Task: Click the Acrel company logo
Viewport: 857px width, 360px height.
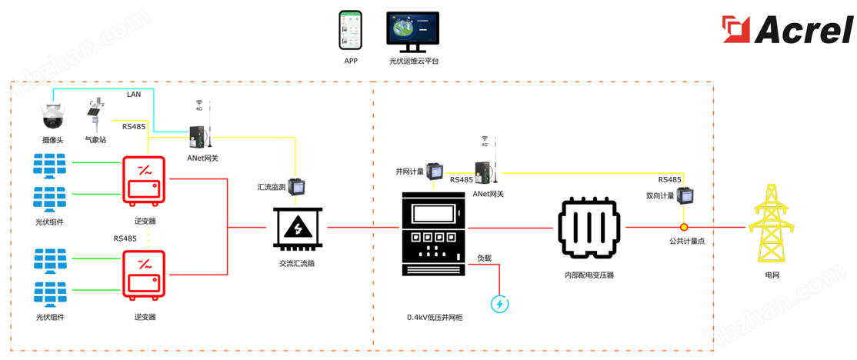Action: tap(788, 30)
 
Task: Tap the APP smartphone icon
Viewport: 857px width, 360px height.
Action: tap(351, 31)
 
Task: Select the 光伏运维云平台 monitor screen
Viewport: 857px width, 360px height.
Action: tap(412, 31)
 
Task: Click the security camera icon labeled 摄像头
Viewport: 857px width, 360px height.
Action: tap(53, 118)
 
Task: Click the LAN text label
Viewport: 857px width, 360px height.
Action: tap(134, 94)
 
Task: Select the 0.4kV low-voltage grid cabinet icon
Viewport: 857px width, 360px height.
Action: tap(434, 233)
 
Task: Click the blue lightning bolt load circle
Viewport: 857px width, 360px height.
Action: tap(500, 304)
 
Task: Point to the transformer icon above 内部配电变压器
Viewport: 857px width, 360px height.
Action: tap(589, 228)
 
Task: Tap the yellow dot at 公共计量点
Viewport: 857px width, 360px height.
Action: tap(682, 228)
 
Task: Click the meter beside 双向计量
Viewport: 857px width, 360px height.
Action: tap(685, 195)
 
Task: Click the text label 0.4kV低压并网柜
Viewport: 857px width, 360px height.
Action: tap(435, 317)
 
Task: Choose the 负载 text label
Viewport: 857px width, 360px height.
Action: tap(484, 258)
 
